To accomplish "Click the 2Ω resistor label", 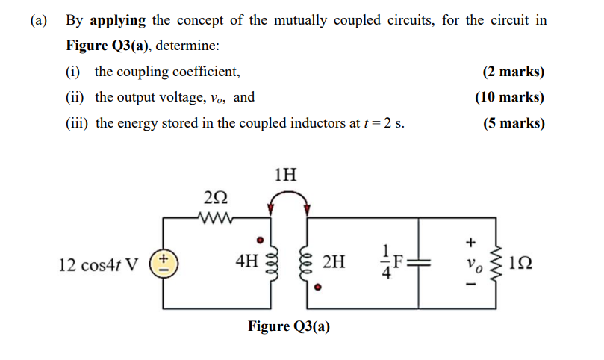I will coord(211,199).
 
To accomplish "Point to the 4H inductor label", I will coord(246,262).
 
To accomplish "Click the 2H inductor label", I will coord(334,262).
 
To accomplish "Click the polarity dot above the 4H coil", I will coord(260,240).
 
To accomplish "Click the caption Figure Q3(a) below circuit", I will coord(289,326).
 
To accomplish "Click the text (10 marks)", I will coord(509,97).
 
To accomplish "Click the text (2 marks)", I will coord(513,72).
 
